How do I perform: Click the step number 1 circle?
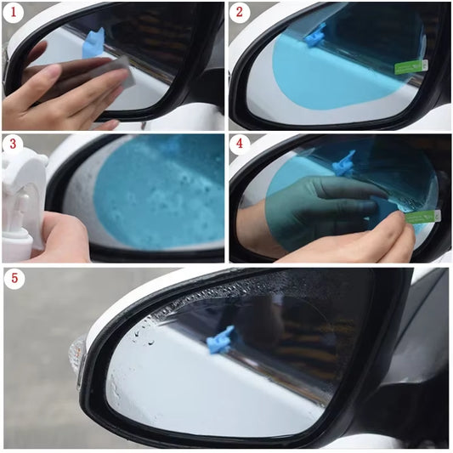(x=14, y=13)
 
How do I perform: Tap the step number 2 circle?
(x=241, y=13)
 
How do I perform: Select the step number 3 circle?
(x=14, y=144)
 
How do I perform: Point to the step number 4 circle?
(x=241, y=144)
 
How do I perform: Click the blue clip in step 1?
(x=93, y=43)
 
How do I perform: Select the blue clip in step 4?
(x=344, y=162)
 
